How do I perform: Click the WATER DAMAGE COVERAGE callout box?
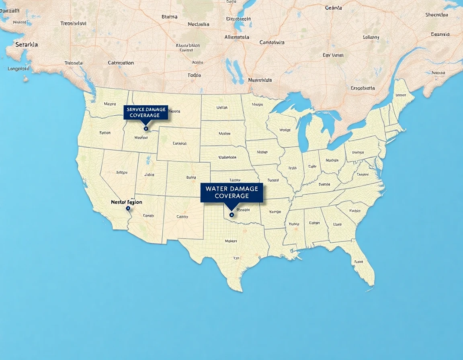231,192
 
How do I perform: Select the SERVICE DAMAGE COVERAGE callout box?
145,112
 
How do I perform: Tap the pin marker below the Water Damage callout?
231,215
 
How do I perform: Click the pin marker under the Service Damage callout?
146,129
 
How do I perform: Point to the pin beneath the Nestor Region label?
128,208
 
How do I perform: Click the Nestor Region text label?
126,202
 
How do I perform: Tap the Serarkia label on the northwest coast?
27,45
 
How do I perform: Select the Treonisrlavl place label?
73,23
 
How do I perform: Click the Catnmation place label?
121,63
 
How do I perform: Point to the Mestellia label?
199,24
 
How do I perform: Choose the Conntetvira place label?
272,42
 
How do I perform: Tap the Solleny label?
371,37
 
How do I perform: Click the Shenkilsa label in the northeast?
436,15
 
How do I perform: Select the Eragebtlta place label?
363,88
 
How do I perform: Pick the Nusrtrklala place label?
260,80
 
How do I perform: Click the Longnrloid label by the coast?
18,69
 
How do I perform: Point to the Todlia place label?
194,75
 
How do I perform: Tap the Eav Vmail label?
333,55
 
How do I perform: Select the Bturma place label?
169,16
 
